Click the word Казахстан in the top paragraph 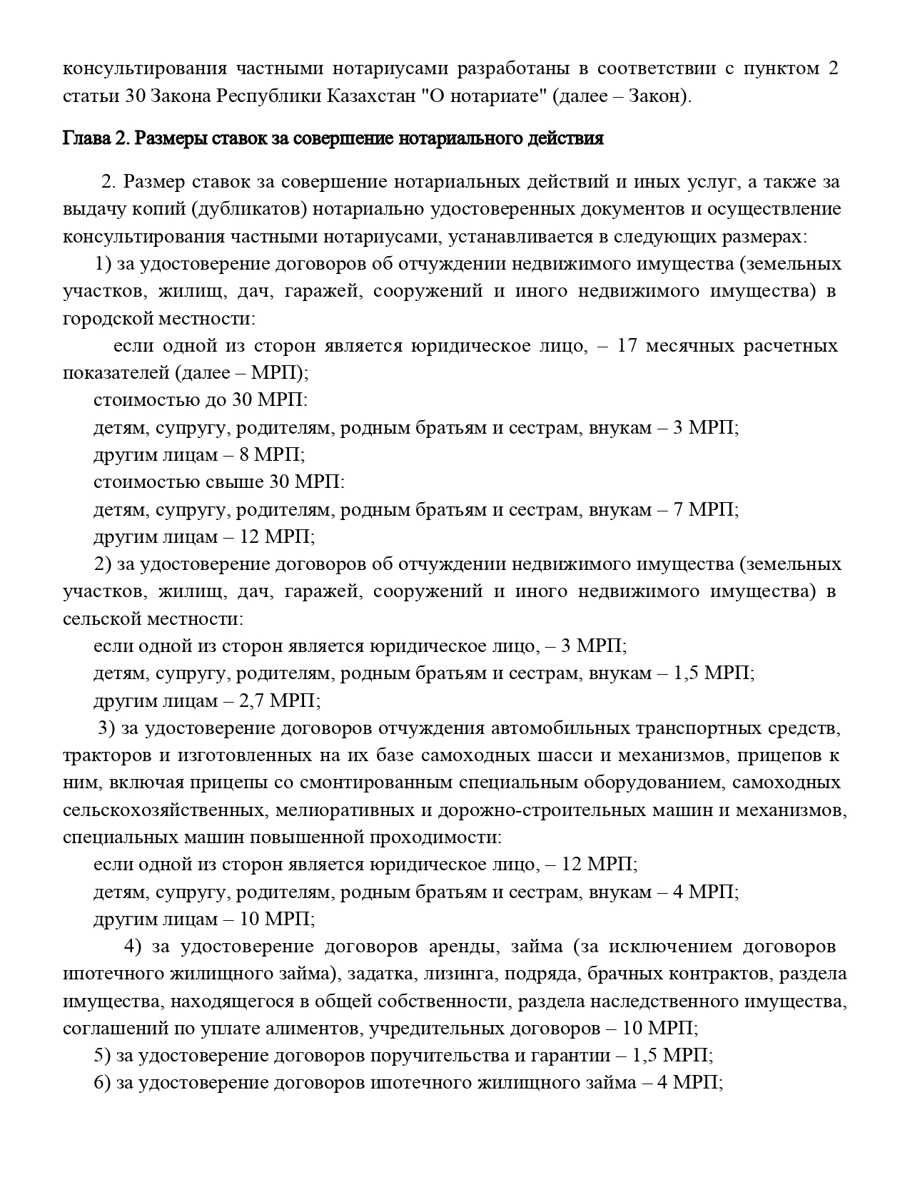[x=371, y=96]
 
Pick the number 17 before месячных [x=626, y=346]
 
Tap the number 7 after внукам [x=679, y=509]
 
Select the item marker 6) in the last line [x=102, y=1084]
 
